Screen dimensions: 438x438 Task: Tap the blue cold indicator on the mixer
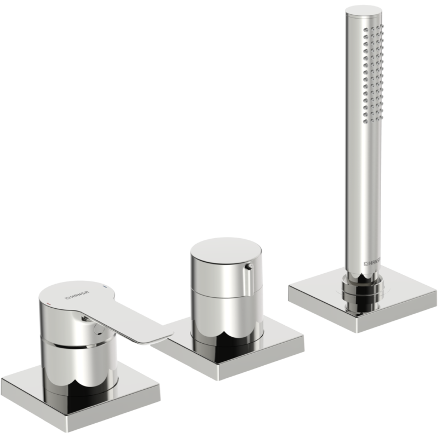point(105,286)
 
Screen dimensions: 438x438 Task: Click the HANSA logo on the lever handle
point(77,295)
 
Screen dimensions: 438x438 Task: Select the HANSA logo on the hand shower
point(372,263)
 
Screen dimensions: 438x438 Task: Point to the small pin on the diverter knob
point(248,267)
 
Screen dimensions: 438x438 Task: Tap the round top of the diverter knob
point(226,250)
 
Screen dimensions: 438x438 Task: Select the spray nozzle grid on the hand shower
point(373,74)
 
